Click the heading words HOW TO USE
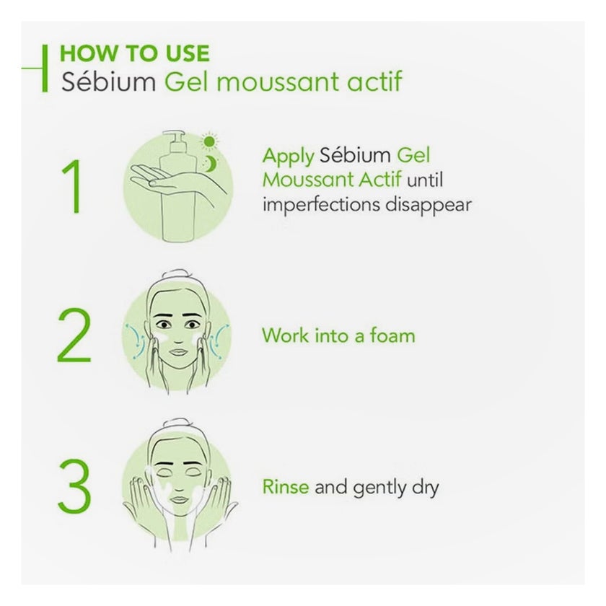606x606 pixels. (134, 53)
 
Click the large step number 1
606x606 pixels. (74, 186)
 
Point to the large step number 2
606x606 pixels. (74, 335)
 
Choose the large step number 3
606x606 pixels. (74, 486)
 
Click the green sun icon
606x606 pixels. (209, 141)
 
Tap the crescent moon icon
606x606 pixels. (211, 164)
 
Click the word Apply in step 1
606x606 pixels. (289, 157)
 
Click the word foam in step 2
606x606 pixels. (392, 335)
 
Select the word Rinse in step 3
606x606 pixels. (286, 486)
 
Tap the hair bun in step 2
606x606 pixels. (176, 275)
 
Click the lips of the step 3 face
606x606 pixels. (178, 500)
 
